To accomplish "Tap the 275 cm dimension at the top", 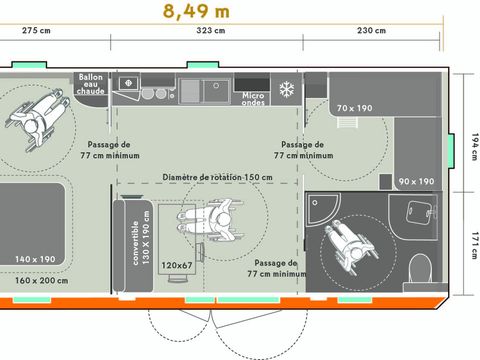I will click(x=37, y=31).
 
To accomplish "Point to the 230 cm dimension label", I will click(x=371, y=31).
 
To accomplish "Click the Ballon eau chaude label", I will click(x=91, y=85).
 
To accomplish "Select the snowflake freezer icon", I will click(x=286, y=88).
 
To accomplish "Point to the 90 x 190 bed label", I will click(x=416, y=181).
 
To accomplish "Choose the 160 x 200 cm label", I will click(x=40, y=280).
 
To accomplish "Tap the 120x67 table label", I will click(x=176, y=265).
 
